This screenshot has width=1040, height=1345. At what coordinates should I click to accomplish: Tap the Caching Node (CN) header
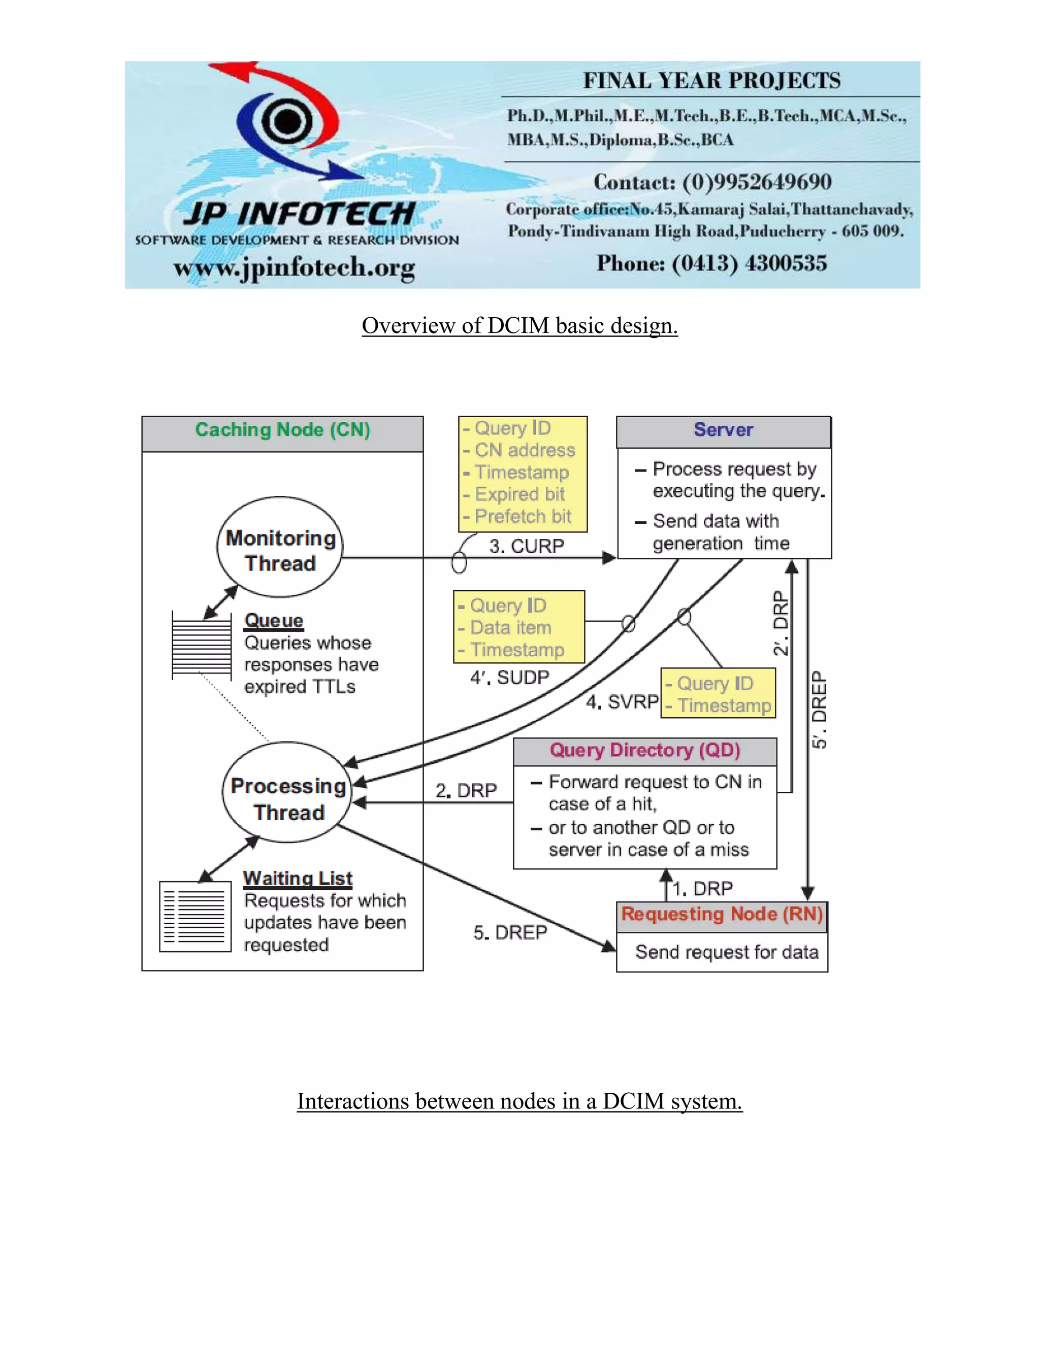282,430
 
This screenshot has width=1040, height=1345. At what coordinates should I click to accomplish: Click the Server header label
723,430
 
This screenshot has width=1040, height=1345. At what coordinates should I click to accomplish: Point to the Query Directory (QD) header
644,751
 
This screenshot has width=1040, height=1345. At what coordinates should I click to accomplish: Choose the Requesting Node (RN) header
722,915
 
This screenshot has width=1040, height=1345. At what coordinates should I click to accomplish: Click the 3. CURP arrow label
526,546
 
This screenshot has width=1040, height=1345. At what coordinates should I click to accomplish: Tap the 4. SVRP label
622,702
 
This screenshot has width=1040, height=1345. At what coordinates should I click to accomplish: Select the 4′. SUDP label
509,678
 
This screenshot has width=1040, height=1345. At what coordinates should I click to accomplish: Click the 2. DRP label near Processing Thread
466,791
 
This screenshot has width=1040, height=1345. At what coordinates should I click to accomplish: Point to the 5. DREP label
510,933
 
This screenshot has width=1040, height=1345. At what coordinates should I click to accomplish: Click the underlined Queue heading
274,621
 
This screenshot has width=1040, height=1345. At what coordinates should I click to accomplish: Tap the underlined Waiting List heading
298,878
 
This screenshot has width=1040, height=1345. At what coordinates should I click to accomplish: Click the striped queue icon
202,646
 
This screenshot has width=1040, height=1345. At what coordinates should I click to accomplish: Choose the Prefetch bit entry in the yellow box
523,517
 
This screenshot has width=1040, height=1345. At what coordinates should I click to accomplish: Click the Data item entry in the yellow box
510,628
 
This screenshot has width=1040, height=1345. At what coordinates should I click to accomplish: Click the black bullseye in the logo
286,120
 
